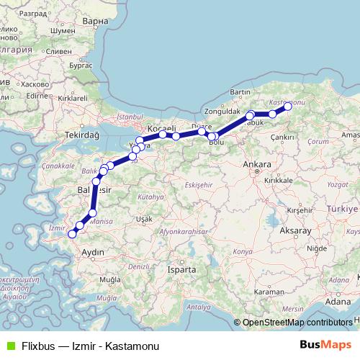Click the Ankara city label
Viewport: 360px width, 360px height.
point(257,165)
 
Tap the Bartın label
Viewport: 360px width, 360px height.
point(240,93)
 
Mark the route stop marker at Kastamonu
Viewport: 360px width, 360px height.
point(287,107)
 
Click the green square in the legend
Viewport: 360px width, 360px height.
point(8,344)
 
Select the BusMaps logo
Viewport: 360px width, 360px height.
point(325,344)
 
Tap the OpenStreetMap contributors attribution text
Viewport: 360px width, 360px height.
point(297,323)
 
